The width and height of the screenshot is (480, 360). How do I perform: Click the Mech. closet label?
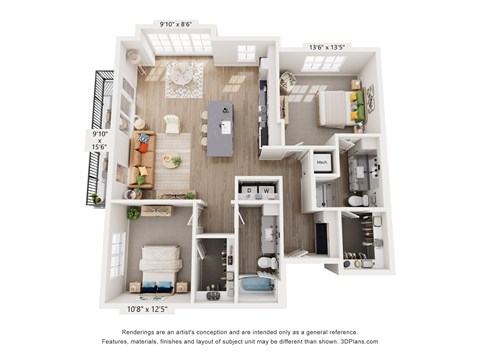click(323, 159)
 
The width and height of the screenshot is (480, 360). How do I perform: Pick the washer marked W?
click(269, 189)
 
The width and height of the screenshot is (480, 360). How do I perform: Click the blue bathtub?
click(257, 284)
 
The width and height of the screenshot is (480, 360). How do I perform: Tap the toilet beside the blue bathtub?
click(266, 263)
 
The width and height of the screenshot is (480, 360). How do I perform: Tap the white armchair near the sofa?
click(171, 125)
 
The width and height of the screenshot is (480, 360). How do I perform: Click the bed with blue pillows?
click(159, 270)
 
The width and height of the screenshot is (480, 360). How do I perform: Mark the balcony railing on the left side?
click(99, 135)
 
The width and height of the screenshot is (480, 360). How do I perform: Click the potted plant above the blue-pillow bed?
click(133, 213)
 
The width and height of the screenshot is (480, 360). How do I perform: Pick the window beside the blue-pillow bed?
click(118, 254)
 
